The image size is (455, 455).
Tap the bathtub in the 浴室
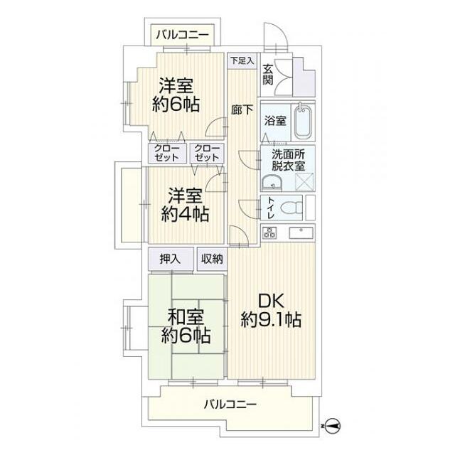(x=303, y=122)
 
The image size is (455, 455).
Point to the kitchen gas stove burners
(x=269, y=233)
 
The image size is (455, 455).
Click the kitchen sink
(x=301, y=233)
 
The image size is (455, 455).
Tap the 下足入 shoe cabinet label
(x=242, y=60)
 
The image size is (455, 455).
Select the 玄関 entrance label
(x=267, y=75)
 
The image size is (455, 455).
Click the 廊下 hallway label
(x=242, y=109)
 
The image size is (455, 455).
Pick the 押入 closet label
(x=170, y=259)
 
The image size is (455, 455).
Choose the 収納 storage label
(x=212, y=259)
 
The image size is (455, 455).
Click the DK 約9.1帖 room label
(x=271, y=311)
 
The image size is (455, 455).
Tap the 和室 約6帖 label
(x=186, y=326)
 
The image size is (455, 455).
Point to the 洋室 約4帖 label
(x=185, y=205)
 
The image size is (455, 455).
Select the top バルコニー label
(x=182, y=35)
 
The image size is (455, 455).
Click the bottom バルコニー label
(x=230, y=404)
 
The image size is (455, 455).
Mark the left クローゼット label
(x=166, y=153)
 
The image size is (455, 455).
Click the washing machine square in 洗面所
(x=304, y=182)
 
